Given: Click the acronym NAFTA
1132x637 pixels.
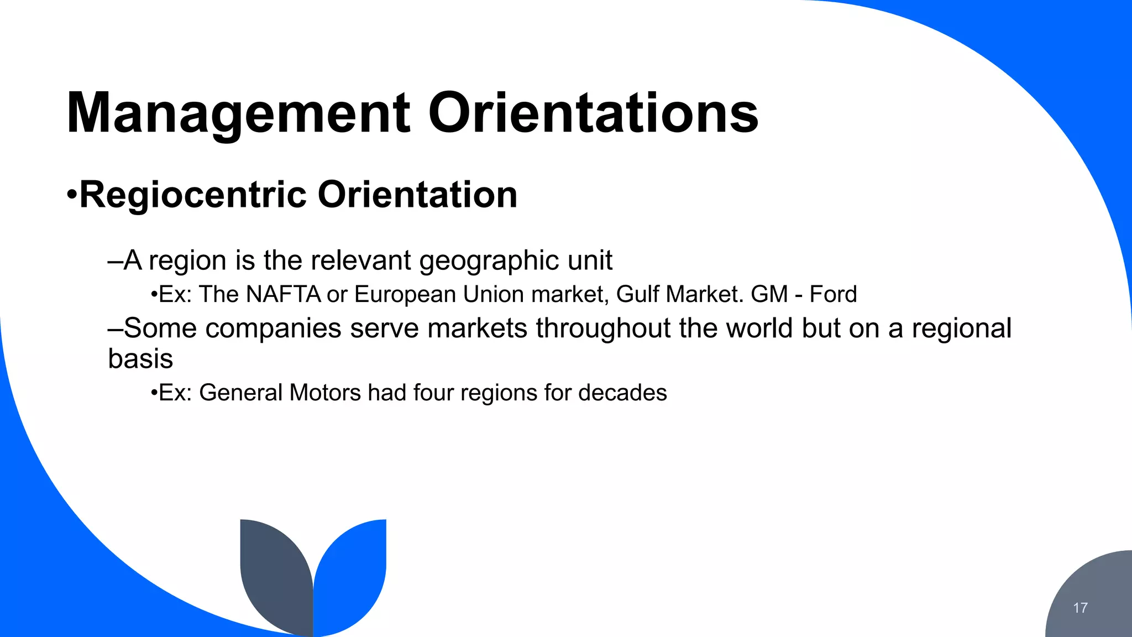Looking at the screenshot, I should pyautogui.click(x=284, y=294).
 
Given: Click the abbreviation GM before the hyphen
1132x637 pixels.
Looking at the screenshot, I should pyautogui.click(x=769, y=294).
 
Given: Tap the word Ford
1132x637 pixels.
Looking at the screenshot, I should pyautogui.click(x=833, y=294).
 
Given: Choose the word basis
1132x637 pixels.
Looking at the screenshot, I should pyautogui.click(x=140, y=359).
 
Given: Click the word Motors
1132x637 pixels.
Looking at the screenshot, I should pyautogui.click(x=325, y=393).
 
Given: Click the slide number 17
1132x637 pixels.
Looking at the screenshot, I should pyautogui.click(x=1080, y=608).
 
